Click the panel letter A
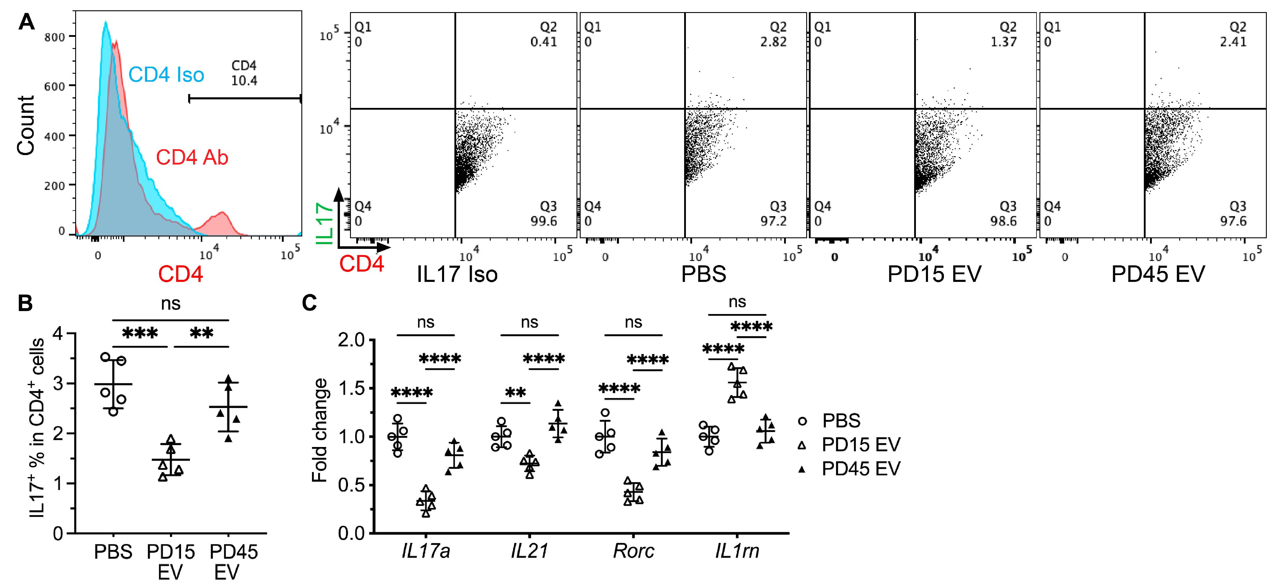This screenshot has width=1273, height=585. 26,22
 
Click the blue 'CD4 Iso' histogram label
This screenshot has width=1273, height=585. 166,75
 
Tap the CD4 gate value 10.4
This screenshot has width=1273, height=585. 244,80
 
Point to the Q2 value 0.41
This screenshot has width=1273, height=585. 543,42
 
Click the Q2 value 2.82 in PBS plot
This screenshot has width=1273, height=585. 773,42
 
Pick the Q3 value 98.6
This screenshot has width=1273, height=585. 1003,221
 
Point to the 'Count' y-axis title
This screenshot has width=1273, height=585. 26,126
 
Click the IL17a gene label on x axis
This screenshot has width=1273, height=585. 426,551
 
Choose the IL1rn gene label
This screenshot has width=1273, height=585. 737,551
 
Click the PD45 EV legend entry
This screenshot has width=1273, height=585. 860,469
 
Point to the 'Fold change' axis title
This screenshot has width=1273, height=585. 320,430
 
